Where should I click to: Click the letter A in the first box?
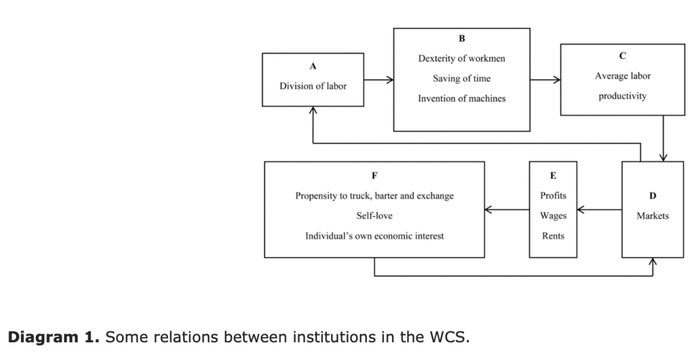[313, 67]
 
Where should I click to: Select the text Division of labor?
[313, 86]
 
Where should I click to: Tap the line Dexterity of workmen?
[461, 59]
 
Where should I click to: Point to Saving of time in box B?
[461, 79]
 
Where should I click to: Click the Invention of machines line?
[461, 99]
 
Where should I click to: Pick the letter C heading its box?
[622, 56]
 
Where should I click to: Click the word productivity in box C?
[622, 96]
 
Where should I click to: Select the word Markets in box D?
[652, 216]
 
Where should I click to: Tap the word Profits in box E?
[553, 196]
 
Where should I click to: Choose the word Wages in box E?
[553, 216]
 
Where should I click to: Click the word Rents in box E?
[553, 235]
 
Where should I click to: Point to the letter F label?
[374, 176]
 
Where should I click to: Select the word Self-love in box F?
[374, 216]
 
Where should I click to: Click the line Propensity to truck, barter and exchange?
[374, 196]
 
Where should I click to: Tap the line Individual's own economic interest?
[374, 235]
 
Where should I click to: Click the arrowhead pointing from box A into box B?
[390, 80]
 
